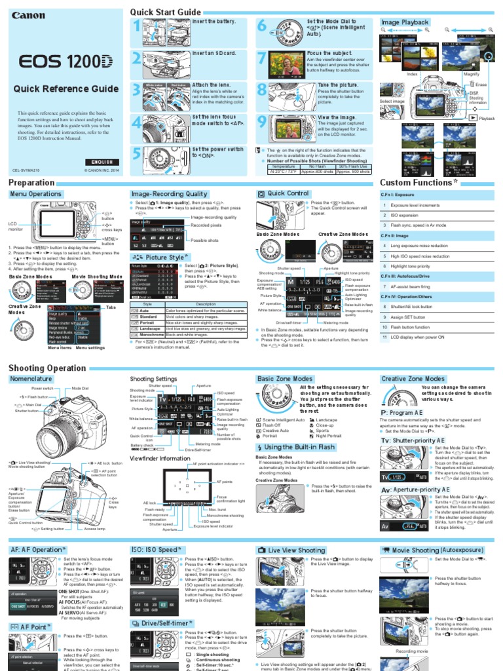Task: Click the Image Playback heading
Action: pyautogui.click(x=405, y=22)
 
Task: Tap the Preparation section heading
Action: pyautogui.click(x=31, y=183)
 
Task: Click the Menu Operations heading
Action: pyautogui.click(x=36, y=195)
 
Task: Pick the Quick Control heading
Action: pyautogui.click(x=288, y=194)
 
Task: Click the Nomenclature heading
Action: pyautogui.click(x=31, y=379)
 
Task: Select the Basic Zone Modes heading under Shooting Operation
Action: pyautogui.click(x=285, y=379)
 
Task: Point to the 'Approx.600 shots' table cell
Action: pyautogui.click(x=320, y=172)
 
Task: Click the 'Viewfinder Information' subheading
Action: pyautogui.click(x=160, y=459)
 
